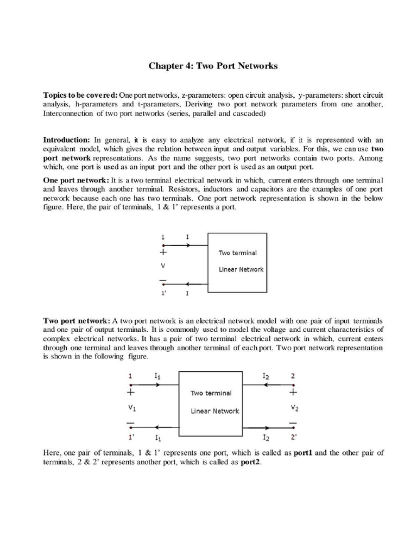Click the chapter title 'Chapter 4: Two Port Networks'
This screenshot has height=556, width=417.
213,66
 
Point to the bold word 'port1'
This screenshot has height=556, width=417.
304,453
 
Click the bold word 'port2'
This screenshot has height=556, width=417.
251,463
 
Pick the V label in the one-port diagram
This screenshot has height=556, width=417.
162,267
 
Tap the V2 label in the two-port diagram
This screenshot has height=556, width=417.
294,408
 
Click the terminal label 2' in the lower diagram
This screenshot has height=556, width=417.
293,437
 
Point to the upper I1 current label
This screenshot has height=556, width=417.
157,376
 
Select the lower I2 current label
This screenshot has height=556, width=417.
266,437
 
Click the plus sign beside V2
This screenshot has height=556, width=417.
293,392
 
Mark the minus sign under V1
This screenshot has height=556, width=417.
131,423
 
